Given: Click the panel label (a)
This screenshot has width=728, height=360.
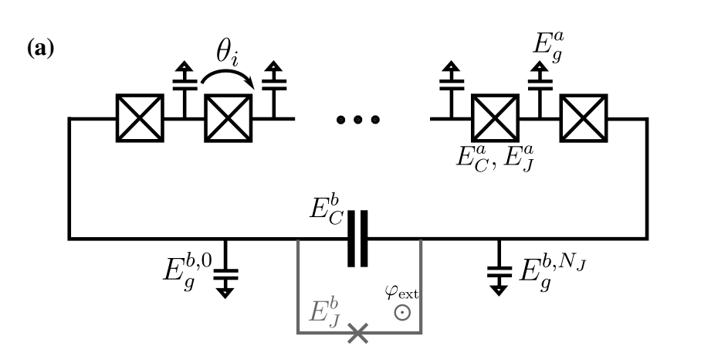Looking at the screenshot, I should (39, 59).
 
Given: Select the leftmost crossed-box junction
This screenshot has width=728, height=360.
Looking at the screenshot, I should (140, 118).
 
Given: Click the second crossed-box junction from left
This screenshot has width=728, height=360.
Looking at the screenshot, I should (229, 118).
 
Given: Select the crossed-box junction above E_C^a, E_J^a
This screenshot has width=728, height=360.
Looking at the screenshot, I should (496, 118).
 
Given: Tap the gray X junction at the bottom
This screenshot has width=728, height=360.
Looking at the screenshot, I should (357, 333).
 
